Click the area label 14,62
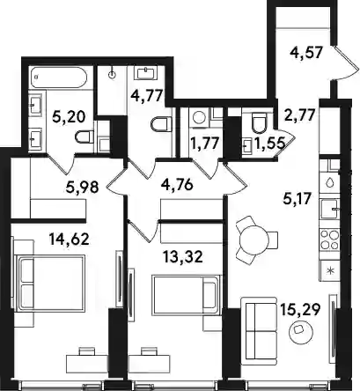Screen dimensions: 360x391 69,240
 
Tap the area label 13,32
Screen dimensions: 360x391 183,258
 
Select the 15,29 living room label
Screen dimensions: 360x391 299,309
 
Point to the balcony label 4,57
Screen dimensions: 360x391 306,54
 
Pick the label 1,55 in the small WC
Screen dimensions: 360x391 269,144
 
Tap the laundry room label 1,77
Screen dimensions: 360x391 205,144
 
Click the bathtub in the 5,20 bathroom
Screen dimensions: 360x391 59,77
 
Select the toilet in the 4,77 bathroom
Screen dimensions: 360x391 161,124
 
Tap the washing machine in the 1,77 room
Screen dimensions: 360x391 200,118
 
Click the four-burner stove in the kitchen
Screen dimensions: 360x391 330,240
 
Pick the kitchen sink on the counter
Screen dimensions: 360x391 330,209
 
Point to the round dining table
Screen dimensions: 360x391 254,240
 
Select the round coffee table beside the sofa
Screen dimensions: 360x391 301,330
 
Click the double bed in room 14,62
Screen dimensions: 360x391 50,282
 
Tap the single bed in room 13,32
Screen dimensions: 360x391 186,295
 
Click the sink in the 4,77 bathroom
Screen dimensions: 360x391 145,73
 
